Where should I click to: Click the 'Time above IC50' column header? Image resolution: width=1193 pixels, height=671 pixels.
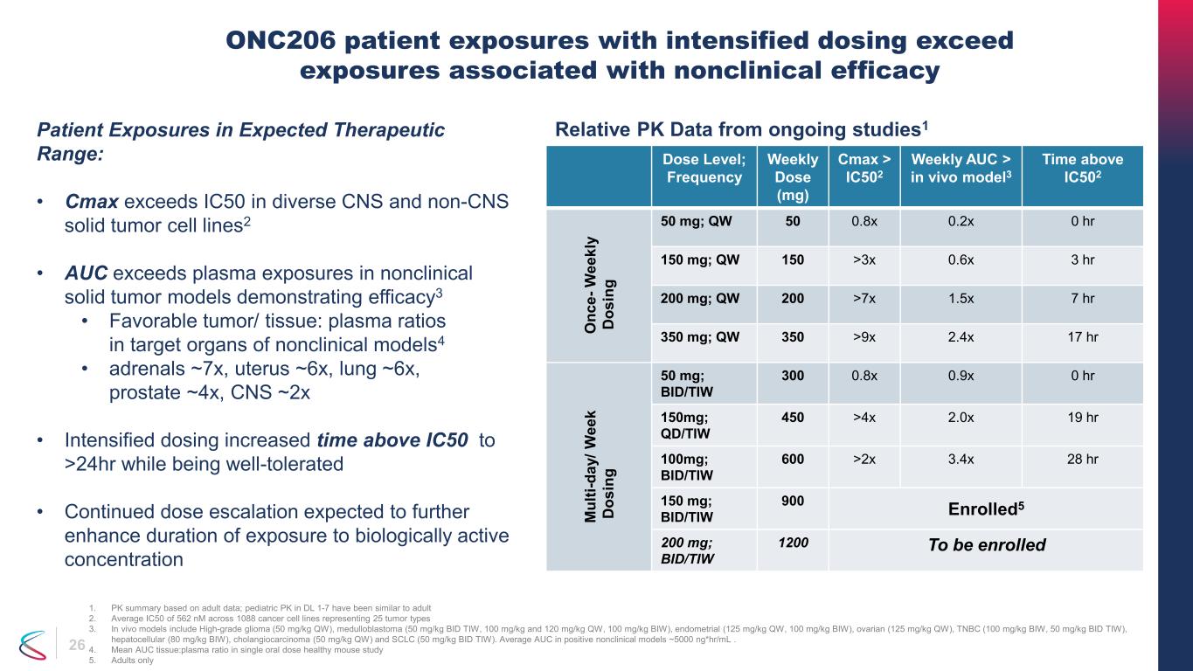[x=1082, y=168]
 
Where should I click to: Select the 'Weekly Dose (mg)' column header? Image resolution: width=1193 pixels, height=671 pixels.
[x=792, y=176]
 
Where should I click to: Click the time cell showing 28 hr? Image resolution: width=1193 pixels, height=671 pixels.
[x=1082, y=459]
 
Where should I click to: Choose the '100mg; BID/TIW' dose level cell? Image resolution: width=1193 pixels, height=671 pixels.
[x=687, y=467]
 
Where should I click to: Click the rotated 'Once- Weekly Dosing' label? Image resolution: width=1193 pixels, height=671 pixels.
[x=599, y=284]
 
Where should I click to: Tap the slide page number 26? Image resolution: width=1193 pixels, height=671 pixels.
[x=77, y=645]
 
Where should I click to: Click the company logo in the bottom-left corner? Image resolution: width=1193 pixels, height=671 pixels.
[x=34, y=647]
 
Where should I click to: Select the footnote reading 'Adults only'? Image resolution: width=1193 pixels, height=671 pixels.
[x=132, y=661]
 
